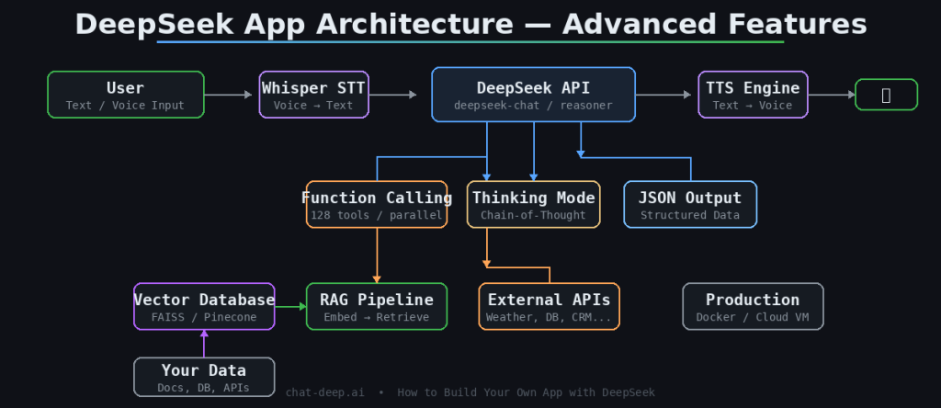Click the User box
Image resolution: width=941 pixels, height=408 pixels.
click(126, 95)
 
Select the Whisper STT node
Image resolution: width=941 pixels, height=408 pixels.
click(313, 95)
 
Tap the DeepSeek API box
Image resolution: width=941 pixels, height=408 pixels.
click(533, 95)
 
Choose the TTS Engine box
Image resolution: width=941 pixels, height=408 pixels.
click(753, 95)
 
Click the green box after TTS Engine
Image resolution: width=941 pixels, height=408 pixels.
click(886, 95)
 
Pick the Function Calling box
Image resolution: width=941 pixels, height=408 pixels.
click(377, 204)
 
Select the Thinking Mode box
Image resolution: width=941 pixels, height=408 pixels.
click(533, 204)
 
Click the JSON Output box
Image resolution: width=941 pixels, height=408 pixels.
click(690, 204)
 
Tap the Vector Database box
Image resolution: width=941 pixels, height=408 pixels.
click(204, 306)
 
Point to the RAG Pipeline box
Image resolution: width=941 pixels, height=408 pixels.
click(377, 306)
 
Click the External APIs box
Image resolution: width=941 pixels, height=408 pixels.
click(549, 306)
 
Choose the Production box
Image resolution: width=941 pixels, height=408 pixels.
click(753, 306)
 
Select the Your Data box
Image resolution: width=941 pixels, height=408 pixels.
click(204, 377)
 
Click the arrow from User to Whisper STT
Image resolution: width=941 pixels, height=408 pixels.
click(228, 95)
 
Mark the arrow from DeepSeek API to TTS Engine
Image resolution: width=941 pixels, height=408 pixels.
click(663, 95)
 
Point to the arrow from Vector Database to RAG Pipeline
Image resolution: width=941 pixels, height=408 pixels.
click(290, 306)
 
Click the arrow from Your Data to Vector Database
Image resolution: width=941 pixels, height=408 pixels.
click(204, 343)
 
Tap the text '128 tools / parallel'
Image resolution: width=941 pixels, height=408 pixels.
click(377, 216)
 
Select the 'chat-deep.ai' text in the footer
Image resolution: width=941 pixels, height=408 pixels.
click(324, 392)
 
